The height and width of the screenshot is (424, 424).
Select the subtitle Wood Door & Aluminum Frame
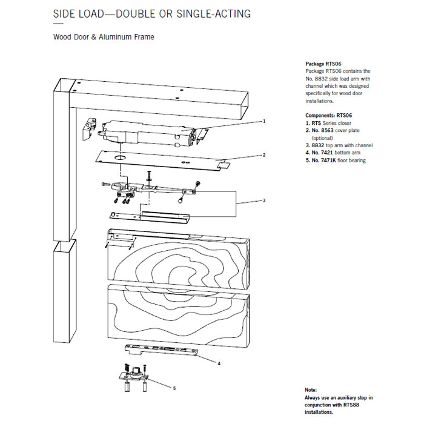pyautogui.click(x=104, y=38)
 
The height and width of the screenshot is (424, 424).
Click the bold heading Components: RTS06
pyautogui.click(x=328, y=114)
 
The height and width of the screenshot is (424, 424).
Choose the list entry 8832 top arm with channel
pyautogui.click(x=339, y=145)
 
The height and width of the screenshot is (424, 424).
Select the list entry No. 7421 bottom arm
pyautogui.click(x=331, y=153)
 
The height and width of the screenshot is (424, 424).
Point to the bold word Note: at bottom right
pyautogui.click(x=311, y=390)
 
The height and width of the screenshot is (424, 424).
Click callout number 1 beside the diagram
pyautogui.click(x=264, y=121)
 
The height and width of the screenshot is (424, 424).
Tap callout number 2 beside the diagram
pyautogui.click(x=264, y=155)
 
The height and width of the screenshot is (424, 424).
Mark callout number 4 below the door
pyautogui.click(x=219, y=363)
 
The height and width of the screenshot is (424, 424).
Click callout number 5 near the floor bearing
pyautogui.click(x=174, y=388)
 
